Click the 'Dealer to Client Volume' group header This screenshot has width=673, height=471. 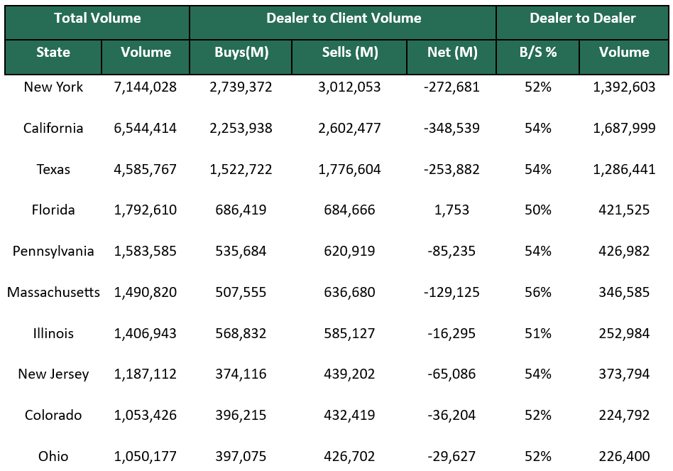[344, 18]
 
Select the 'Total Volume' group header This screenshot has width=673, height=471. [97, 18]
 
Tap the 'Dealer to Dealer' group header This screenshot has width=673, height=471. [582, 18]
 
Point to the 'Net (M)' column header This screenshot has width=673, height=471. [452, 53]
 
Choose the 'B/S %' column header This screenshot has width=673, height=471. [537, 53]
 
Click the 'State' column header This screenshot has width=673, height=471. [53, 53]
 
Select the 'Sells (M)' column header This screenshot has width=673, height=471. [350, 53]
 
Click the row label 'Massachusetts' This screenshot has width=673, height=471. [53, 292]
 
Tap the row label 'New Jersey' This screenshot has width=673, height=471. [53, 374]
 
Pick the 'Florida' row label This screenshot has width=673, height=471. [53, 210]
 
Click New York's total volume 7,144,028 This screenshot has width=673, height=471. [146, 87]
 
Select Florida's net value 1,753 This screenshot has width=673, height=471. [452, 210]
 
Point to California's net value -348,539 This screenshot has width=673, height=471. [452, 129]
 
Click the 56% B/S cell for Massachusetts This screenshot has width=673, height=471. [537, 292]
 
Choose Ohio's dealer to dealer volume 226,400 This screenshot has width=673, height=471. [624, 456]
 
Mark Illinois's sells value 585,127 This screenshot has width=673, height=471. [350, 333]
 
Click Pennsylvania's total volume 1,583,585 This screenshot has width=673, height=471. [146, 251]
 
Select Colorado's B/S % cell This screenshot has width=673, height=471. [537, 416]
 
